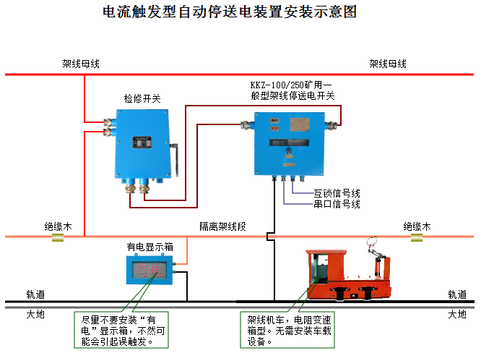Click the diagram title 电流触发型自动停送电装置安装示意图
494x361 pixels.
230,12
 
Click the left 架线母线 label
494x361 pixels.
81,64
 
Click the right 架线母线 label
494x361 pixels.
388,64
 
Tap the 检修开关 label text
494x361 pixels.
142,98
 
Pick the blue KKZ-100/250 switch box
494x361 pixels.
288,140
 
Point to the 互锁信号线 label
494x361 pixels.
337,193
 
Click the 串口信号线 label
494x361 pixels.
337,204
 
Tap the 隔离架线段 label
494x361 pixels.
222,226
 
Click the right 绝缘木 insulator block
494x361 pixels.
417,237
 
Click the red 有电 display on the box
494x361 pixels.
151,271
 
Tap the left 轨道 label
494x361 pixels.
36,294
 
